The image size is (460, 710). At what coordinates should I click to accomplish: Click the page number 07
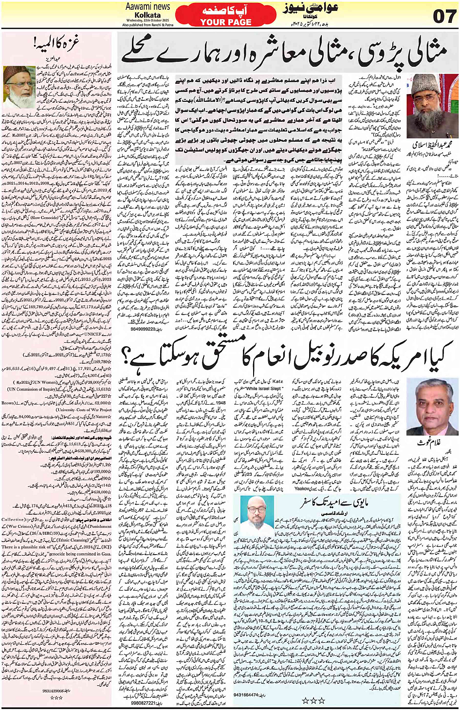[444, 17]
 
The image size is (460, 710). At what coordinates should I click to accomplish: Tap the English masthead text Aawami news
[147, 6]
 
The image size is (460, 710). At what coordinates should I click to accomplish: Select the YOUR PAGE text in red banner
[226, 22]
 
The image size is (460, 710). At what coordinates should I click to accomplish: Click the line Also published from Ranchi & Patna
[147, 24]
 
